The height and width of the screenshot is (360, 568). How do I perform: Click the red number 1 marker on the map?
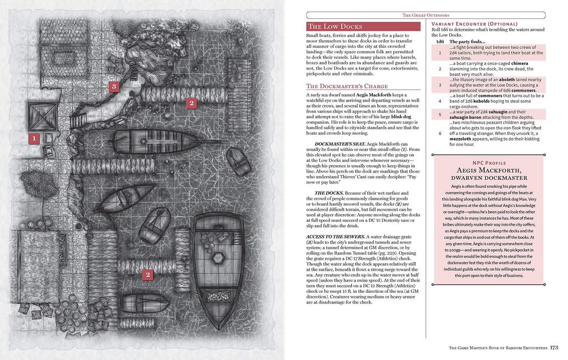(x=34, y=139)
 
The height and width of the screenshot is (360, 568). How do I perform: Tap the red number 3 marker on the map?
(x=114, y=86)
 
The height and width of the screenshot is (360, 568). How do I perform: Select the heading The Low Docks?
(x=335, y=27)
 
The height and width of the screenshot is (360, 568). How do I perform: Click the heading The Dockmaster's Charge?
(x=347, y=86)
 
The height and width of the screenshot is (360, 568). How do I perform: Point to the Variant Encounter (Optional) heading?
(x=474, y=24)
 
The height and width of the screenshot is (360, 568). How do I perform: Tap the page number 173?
(x=554, y=348)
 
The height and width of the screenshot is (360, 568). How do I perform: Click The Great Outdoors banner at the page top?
(x=425, y=15)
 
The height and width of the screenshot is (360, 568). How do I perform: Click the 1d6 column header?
(x=439, y=42)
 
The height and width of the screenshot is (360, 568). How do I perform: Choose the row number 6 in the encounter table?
(x=439, y=134)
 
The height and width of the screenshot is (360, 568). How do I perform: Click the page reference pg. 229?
(x=406, y=253)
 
